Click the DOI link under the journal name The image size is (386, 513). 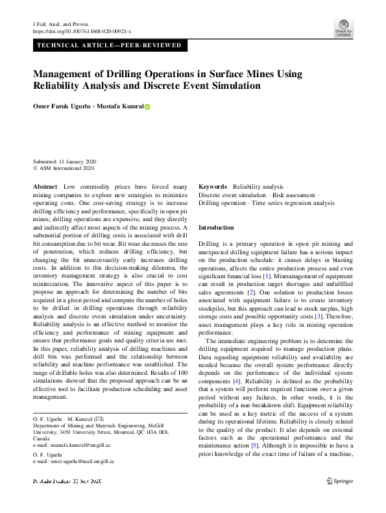pyautogui.click(x=82, y=30)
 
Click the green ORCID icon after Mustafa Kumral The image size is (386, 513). pyautogui.click(x=147, y=107)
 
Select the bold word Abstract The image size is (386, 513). pyautogui.click(x=45, y=186)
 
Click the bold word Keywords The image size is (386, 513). pyautogui.click(x=213, y=186)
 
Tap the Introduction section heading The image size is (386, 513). pyautogui.click(x=215, y=228)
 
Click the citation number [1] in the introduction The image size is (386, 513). pyautogui.click(x=265, y=276)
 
